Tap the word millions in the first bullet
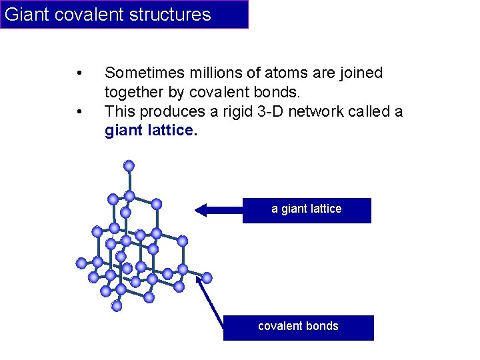point(215,73)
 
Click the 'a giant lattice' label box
point(306,209)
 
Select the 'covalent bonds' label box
point(298,327)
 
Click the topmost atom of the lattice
point(129,165)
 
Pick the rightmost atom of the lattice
point(207,277)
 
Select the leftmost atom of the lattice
point(81,263)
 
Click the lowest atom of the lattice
point(117,306)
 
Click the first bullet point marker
point(79,73)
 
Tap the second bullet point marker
point(79,111)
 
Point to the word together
point(134,92)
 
